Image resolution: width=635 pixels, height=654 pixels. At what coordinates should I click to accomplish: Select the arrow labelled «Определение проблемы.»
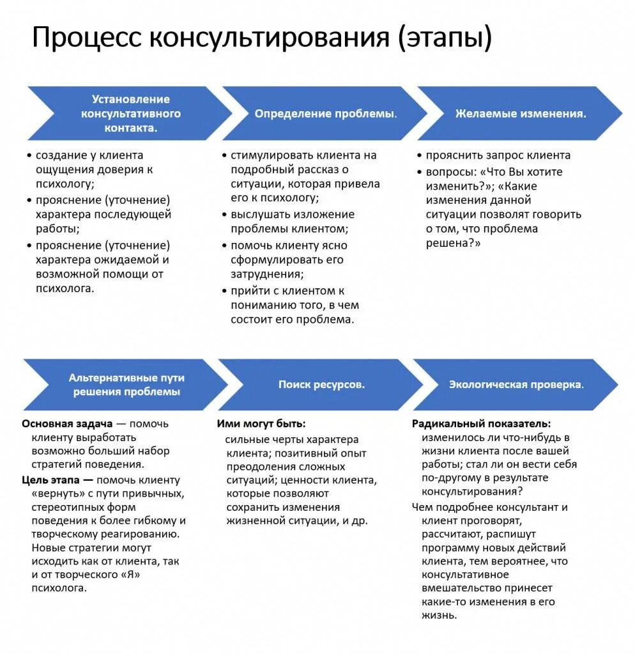coord(325,114)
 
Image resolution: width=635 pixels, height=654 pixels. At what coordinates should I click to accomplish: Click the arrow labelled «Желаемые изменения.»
coord(520,114)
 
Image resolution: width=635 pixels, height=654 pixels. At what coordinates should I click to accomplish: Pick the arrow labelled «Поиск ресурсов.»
coord(321,385)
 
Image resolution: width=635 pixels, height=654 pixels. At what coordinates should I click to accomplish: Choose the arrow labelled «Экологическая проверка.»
coord(516,385)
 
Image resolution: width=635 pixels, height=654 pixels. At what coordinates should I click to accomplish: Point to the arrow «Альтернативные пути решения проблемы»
coord(126,385)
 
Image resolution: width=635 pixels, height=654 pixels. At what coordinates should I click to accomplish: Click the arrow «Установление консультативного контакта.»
coord(130,114)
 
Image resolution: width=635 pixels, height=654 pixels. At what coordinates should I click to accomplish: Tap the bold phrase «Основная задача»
coord(67,424)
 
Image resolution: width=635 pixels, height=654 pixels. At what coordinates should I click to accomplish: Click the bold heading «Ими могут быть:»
coord(261,424)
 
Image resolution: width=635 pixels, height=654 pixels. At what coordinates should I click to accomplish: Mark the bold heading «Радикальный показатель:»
coord(481,424)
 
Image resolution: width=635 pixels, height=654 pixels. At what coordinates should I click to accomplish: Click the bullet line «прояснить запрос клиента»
coord(498,155)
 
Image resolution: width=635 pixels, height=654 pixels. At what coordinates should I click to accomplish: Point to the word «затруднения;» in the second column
coord(267,274)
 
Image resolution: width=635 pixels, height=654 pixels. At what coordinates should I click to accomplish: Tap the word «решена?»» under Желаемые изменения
coord(453,244)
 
